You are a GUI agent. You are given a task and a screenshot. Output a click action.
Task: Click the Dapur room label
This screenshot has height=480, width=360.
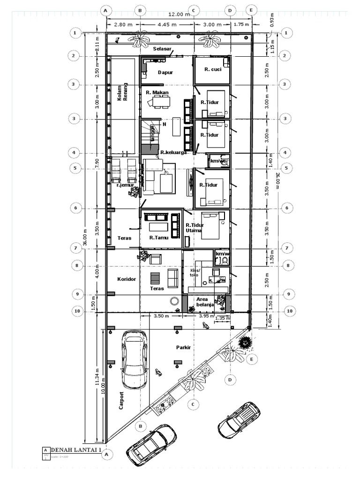click(x=165, y=73)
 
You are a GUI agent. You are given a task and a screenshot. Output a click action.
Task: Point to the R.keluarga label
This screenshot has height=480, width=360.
click(x=173, y=152)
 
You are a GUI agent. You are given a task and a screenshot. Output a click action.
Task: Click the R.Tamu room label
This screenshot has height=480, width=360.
click(x=158, y=238)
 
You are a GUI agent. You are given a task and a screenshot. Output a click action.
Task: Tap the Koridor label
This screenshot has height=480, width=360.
click(x=126, y=279)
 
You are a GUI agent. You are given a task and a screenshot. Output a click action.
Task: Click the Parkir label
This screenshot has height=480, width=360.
click(x=183, y=348)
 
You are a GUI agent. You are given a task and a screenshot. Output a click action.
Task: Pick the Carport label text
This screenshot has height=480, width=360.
click(x=121, y=401)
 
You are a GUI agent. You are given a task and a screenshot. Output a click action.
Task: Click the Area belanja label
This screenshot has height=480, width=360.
click(x=205, y=301)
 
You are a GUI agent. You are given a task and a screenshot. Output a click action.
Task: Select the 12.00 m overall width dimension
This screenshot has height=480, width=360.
click(x=179, y=14)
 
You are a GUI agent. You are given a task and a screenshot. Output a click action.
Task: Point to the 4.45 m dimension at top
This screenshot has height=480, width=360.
click(x=167, y=24)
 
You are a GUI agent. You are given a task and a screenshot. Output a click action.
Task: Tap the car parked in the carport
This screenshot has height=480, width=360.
click(x=135, y=359)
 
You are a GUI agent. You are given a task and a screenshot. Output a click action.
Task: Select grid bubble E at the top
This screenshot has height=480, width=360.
click(x=251, y=10)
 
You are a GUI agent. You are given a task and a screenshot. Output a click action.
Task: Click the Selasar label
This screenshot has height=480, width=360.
click(x=163, y=48)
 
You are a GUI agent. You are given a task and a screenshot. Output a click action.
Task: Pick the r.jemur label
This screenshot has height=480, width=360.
click(x=125, y=185)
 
